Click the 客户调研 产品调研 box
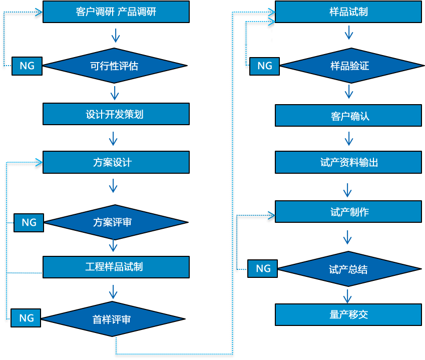coord(116,12)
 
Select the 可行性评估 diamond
coord(115,66)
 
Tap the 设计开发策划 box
coord(116,114)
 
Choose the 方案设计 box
coord(116,162)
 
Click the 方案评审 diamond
coord(115,222)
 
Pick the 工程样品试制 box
coord(116,267)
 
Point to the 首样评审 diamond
coord(115,319)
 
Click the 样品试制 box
coord(348,12)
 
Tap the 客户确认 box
coord(348,116)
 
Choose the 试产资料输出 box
coord(348,162)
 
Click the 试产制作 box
coord(348,212)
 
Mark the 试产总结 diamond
coord(348,269)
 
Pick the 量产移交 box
coord(348,314)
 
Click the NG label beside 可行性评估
coord(27,66)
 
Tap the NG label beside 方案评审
coord(29,222)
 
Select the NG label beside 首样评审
coord(26,318)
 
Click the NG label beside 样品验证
coord(264,66)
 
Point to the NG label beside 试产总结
coord(263,268)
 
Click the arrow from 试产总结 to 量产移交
coord(348,294)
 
